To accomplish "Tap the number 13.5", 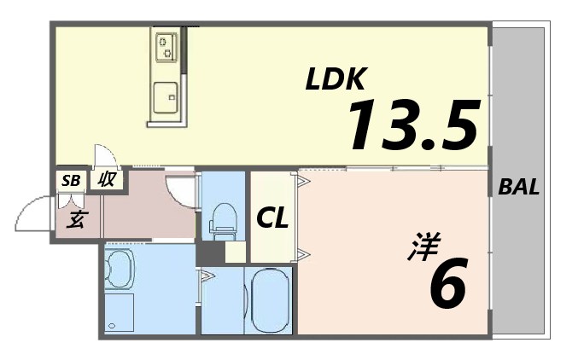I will point(412,125).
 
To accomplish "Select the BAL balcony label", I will point(518,188).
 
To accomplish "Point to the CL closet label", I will point(272,218).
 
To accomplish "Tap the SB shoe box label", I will point(71,180).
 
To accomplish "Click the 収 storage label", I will point(107,180).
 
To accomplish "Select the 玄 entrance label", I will point(75,220).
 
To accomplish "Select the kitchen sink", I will point(166,97).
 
